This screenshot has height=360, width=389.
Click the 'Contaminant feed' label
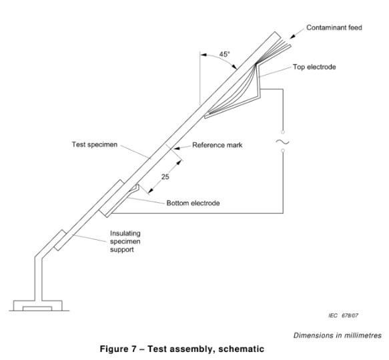pyautogui.click(x=334, y=27)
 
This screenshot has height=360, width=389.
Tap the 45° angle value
pyautogui.click(x=224, y=54)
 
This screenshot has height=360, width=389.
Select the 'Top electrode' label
pyautogui.click(x=314, y=67)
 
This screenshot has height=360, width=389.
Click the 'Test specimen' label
pyautogui.click(x=95, y=144)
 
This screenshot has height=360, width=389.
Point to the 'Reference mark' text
pyautogui.click(x=218, y=145)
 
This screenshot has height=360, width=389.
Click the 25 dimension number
pyautogui.click(x=165, y=177)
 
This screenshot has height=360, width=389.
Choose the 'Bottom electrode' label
pyautogui.click(x=193, y=203)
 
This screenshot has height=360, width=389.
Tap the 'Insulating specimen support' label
pyautogui.click(x=125, y=241)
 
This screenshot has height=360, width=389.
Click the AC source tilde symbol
pyautogui.click(x=282, y=142)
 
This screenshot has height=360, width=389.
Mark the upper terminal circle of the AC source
pyautogui.click(x=283, y=132)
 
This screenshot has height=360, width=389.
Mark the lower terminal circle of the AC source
pyautogui.click(x=283, y=150)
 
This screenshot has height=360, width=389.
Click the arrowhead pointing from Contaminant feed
pyautogui.click(x=292, y=36)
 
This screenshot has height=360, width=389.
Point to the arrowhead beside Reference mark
pyautogui.click(x=177, y=148)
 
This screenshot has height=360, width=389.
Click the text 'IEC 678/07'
pyautogui.click(x=344, y=315)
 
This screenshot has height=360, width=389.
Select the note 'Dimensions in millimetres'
pyautogui.click(x=338, y=335)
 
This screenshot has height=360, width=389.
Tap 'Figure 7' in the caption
pyautogui.click(x=118, y=349)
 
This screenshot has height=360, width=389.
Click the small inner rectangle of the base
pyautogui.click(x=37, y=309)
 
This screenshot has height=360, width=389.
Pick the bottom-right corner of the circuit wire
pyautogui.click(x=283, y=213)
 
